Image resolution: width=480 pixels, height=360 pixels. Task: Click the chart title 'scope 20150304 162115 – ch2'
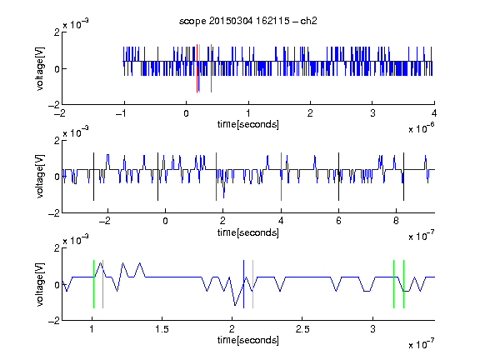point(247,21)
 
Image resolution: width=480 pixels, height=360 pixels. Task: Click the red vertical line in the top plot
point(197,68)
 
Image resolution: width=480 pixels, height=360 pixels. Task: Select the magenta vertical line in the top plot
point(211,68)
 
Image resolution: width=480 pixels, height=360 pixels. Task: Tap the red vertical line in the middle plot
point(216,177)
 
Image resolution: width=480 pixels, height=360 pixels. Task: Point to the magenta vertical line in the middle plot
point(281,177)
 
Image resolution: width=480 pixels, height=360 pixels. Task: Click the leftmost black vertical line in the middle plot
point(93,177)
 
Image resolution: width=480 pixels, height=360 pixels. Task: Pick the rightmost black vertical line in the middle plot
point(403,177)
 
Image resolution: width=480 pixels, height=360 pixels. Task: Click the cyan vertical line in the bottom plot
point(252,284)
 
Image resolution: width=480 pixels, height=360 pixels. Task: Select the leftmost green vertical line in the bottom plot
point(93,284)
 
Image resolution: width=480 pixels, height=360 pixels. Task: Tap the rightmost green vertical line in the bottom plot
point(404,284)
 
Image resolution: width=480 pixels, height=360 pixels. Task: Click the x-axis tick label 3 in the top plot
point(372,113)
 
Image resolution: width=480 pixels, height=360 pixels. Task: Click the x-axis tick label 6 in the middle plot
point(338,221)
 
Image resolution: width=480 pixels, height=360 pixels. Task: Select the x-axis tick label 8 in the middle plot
point(396,221)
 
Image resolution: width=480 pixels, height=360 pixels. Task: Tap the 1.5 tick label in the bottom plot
point(162,329)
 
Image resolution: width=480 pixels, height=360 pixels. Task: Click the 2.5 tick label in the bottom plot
point(302,329)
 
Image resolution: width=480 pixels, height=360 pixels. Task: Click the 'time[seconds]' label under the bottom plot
point(248,340)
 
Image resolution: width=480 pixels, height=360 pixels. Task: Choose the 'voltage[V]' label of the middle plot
point(40,177)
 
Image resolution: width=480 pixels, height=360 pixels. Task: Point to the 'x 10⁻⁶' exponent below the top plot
point(422,128)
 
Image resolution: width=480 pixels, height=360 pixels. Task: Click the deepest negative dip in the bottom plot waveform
point(235,305)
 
